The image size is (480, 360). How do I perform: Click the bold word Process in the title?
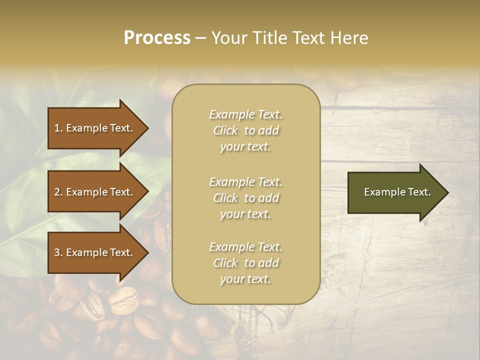[x=157, y=38]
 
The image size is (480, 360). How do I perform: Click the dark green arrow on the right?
[x=395, y=192]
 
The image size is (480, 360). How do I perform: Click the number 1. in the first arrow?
[x=58, y=128]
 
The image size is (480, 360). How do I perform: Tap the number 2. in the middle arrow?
[x=58, y=192]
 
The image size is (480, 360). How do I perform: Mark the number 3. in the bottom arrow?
[x=58, y=252]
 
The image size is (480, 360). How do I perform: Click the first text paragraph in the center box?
[x=246, y=130]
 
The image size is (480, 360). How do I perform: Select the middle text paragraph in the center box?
[x=246, y=198]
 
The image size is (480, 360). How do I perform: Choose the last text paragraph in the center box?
[x=246, y=263]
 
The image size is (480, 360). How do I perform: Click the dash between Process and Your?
[x=200, y=38]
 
